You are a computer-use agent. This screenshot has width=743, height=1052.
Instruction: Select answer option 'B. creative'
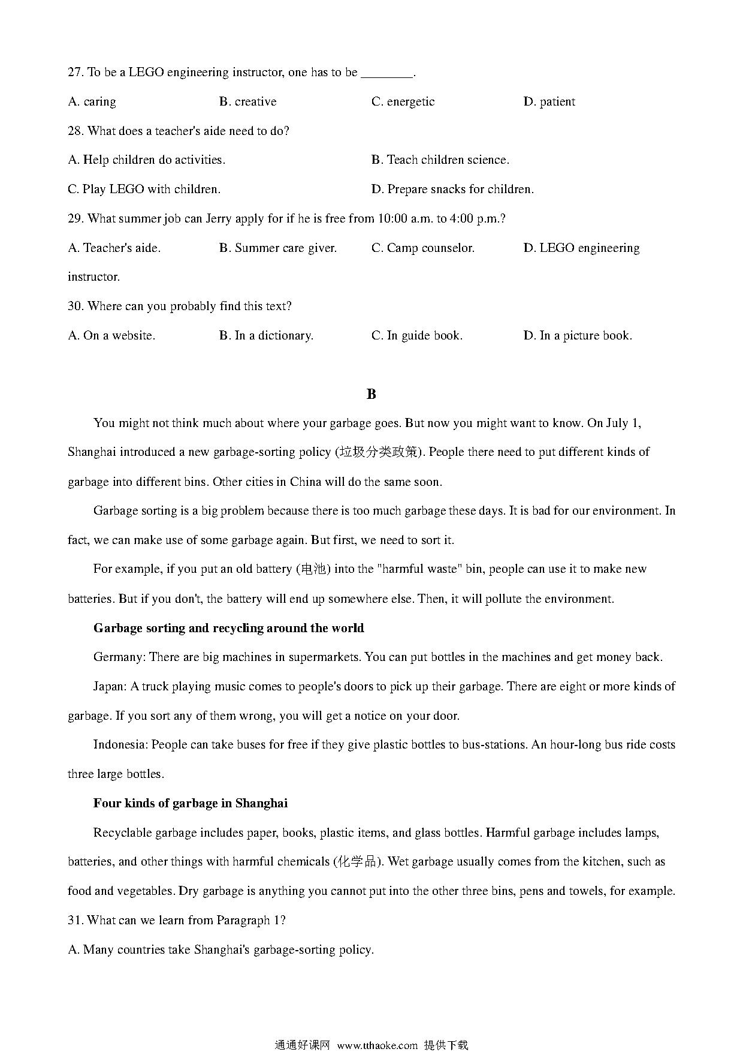[x=248, y=102]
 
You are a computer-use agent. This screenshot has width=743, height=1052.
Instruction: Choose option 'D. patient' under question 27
[x=549, y=102]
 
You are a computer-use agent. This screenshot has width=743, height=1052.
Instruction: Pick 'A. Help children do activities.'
[x=147, y=160]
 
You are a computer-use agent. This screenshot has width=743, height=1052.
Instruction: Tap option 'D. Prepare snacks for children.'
[x=452, y=190]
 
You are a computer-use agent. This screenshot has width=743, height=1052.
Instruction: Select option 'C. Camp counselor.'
[x=423, y=248]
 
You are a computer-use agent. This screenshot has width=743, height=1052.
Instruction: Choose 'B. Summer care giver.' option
[x=278, y=248]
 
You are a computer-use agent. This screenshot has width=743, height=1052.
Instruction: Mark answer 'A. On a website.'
[x=111, y=336]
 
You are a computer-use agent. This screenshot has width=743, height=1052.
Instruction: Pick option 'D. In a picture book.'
[x=578, y=336]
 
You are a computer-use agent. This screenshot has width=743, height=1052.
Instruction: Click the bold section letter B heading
[x=371, y=394]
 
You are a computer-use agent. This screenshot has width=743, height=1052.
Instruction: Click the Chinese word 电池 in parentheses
[x=313, y=569]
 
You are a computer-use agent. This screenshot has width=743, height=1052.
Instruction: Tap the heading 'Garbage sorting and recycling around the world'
[x=228, y=628]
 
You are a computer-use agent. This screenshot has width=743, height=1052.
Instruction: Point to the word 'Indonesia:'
[x=120, y=745]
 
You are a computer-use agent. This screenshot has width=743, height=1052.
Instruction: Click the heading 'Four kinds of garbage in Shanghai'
[x=191, y=804]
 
